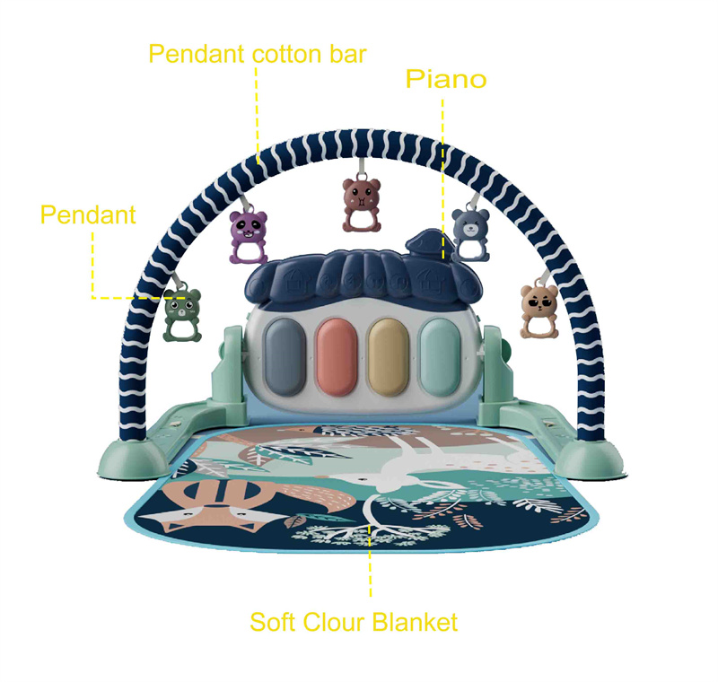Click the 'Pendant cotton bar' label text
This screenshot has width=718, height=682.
[257, 54]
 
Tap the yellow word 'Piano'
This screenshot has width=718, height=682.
[446, 79]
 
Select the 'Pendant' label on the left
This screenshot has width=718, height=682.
[88, 214]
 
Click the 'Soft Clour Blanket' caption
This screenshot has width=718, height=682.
[354, 621]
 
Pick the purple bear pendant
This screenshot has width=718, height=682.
[249, 236]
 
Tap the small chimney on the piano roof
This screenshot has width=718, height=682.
[425, 242]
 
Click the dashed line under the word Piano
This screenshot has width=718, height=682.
[442, 162]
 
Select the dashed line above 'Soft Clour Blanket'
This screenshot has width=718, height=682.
[371, 565]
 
